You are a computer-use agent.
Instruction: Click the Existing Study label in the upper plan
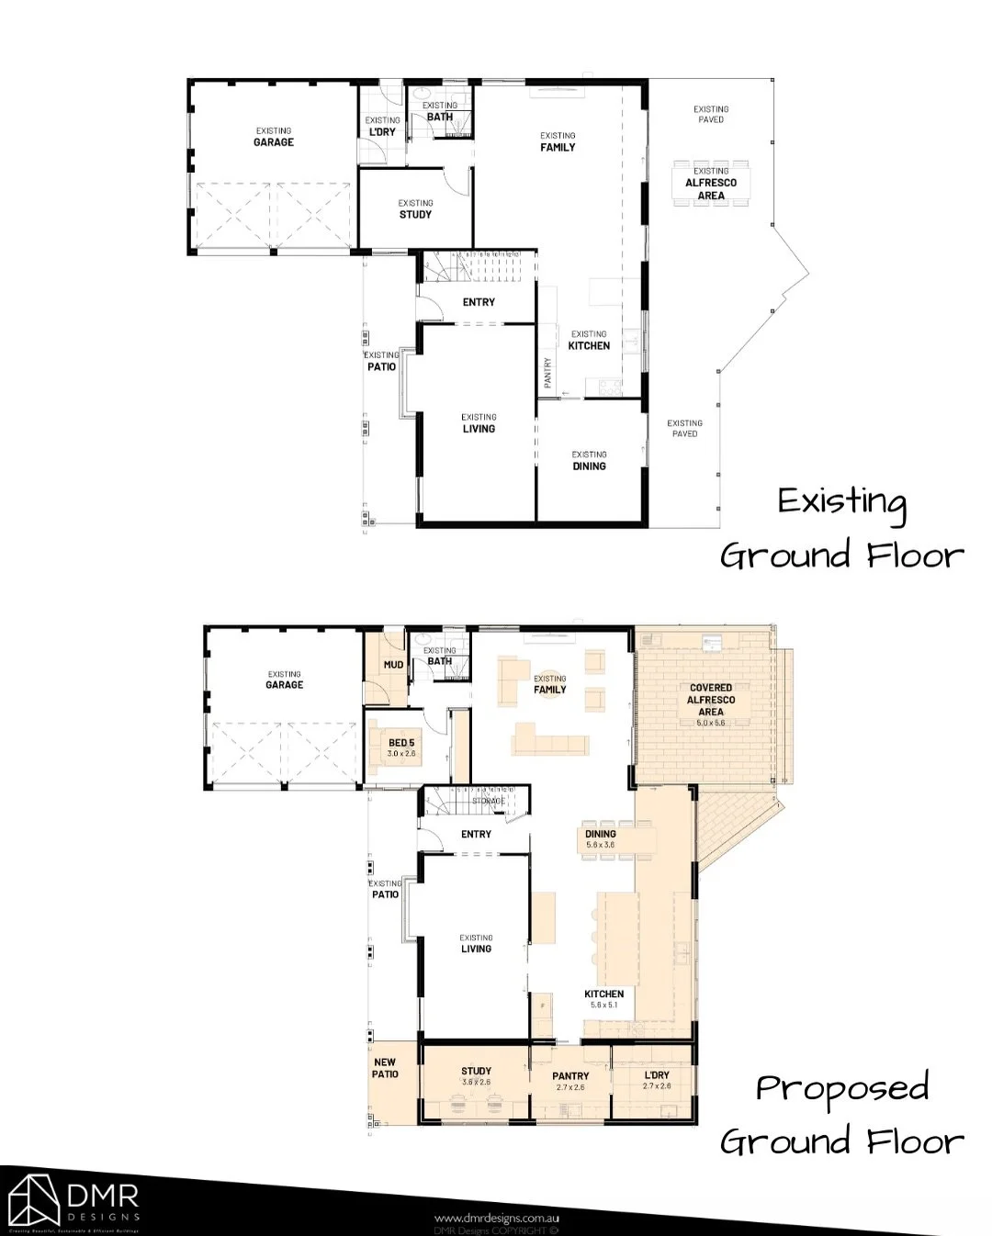(x=415, y=209)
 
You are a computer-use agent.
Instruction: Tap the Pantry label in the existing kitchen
(x=548, y=372)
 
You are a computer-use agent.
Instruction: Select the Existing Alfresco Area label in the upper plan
(x=711, y=184)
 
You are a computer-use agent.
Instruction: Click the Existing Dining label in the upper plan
(x=589, y=461)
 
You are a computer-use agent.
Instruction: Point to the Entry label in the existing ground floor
(x=479, y=302)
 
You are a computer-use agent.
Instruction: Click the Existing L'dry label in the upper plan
(x=382, y=127)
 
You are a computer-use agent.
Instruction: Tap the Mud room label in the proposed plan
(x=393, y=665)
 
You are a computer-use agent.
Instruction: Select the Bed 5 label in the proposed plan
(x=401, y=747)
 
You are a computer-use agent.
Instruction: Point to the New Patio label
(x=385, y=1068)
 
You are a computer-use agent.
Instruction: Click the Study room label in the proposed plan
(x=476, y=1075)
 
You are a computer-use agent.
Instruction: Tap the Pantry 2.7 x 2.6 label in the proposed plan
(x=570, y=1081)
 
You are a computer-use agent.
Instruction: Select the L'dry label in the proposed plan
(x=657, y=1080)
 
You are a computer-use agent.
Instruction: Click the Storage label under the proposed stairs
(x=489, y=802)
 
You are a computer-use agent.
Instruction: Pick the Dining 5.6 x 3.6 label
(x=601, y=838)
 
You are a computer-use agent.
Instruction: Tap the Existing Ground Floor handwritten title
(x=841, y=530)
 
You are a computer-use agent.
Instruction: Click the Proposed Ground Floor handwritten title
(x=841, y=1115)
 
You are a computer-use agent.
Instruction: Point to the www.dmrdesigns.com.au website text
(x=497, y=1219)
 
